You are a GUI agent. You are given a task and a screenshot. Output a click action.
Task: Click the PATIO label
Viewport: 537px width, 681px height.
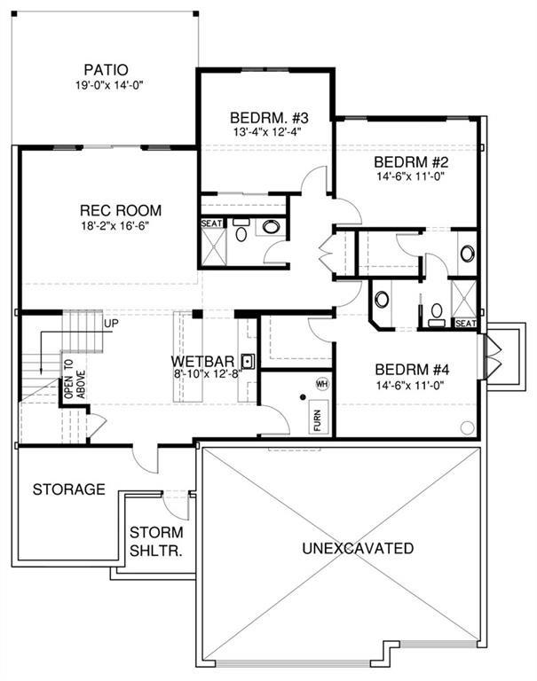[106, 69]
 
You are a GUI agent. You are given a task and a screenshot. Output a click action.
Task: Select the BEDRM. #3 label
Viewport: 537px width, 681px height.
[268, 118]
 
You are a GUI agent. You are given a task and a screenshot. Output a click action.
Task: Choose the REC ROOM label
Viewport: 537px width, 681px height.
[121, 211]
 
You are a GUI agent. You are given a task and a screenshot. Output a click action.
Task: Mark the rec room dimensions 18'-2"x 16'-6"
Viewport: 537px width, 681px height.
[121, 227]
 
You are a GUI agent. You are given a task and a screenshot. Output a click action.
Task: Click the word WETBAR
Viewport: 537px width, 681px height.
[202, 363]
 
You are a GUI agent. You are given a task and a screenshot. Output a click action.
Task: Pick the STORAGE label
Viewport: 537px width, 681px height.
[69, 489]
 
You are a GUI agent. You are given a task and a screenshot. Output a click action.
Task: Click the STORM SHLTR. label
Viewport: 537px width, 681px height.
[156, 541]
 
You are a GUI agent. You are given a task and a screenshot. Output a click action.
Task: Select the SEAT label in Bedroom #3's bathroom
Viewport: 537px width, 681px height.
[212, 223]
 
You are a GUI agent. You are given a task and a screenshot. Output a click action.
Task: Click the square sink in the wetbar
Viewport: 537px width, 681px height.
[249, 361]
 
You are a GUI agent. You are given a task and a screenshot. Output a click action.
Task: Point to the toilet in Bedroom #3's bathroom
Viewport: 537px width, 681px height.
[241, 232]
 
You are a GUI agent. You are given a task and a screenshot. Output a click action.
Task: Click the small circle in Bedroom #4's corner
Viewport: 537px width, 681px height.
[467, 427]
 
